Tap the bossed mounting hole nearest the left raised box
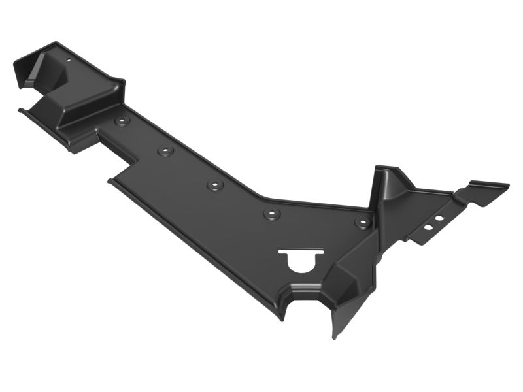pyautogui.click(x=122, y=122)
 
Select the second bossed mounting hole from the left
pyautogui.click(x=165, y=151)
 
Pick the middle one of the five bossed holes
pyautogui.click(x=215, y=185)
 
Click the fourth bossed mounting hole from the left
pyautogui.click(x=271, y=214)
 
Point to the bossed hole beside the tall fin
pyautogui.click(x=363, y=222)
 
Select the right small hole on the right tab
pyautogui.click(x=439, y=218)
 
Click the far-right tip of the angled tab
pyautogui.click(x=508, y=186)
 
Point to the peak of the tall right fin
pyautogui.click(x=382, y=167)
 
